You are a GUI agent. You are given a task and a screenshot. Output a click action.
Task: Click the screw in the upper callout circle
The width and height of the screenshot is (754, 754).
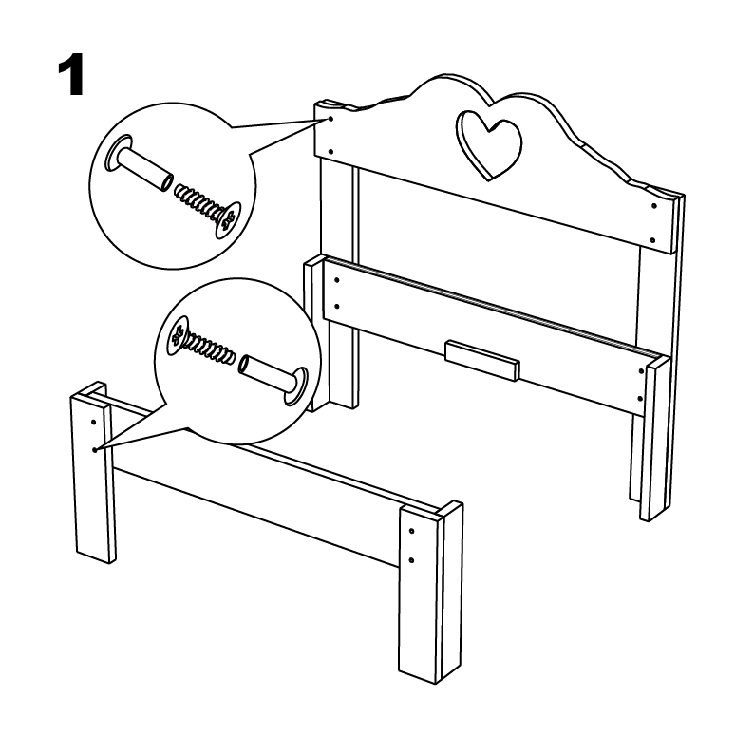(x=208, y=210)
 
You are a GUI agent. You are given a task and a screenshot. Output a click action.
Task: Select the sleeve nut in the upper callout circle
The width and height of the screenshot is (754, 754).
(x=140, y=164)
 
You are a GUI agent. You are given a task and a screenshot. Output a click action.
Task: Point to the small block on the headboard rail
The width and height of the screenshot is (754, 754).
(x=482, y=361)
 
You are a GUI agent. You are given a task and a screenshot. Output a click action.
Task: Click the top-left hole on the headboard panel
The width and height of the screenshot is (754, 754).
(x=330, y=119)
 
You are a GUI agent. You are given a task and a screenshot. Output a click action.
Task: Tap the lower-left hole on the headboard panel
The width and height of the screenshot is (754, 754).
(x=330, y=152)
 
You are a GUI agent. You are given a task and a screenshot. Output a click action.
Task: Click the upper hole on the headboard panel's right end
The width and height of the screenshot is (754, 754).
(x=654, y=206)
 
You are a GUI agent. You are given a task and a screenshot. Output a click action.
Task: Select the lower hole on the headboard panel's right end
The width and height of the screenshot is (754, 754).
(x=652, y=240)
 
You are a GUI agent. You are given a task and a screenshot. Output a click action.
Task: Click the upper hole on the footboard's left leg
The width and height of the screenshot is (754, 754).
(x=93, y=423)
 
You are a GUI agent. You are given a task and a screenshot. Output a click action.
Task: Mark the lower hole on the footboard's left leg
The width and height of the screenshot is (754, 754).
(x=95, y=449)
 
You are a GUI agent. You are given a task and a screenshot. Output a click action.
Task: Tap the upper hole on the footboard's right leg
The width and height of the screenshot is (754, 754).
(x=411, y=531)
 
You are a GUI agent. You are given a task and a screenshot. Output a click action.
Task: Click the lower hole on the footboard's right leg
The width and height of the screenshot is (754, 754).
(x=411, y=560)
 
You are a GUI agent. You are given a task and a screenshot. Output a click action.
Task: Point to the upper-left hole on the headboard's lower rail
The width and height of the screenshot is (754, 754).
(x=336, y=280)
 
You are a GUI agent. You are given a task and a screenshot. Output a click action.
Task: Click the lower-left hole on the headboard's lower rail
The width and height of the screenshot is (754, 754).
(x=336, y=306)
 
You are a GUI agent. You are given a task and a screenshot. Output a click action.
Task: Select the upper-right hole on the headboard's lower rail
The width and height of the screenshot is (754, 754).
(x=641, y=371)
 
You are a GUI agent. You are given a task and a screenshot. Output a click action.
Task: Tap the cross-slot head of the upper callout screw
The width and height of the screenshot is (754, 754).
(x=229, y=219)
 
